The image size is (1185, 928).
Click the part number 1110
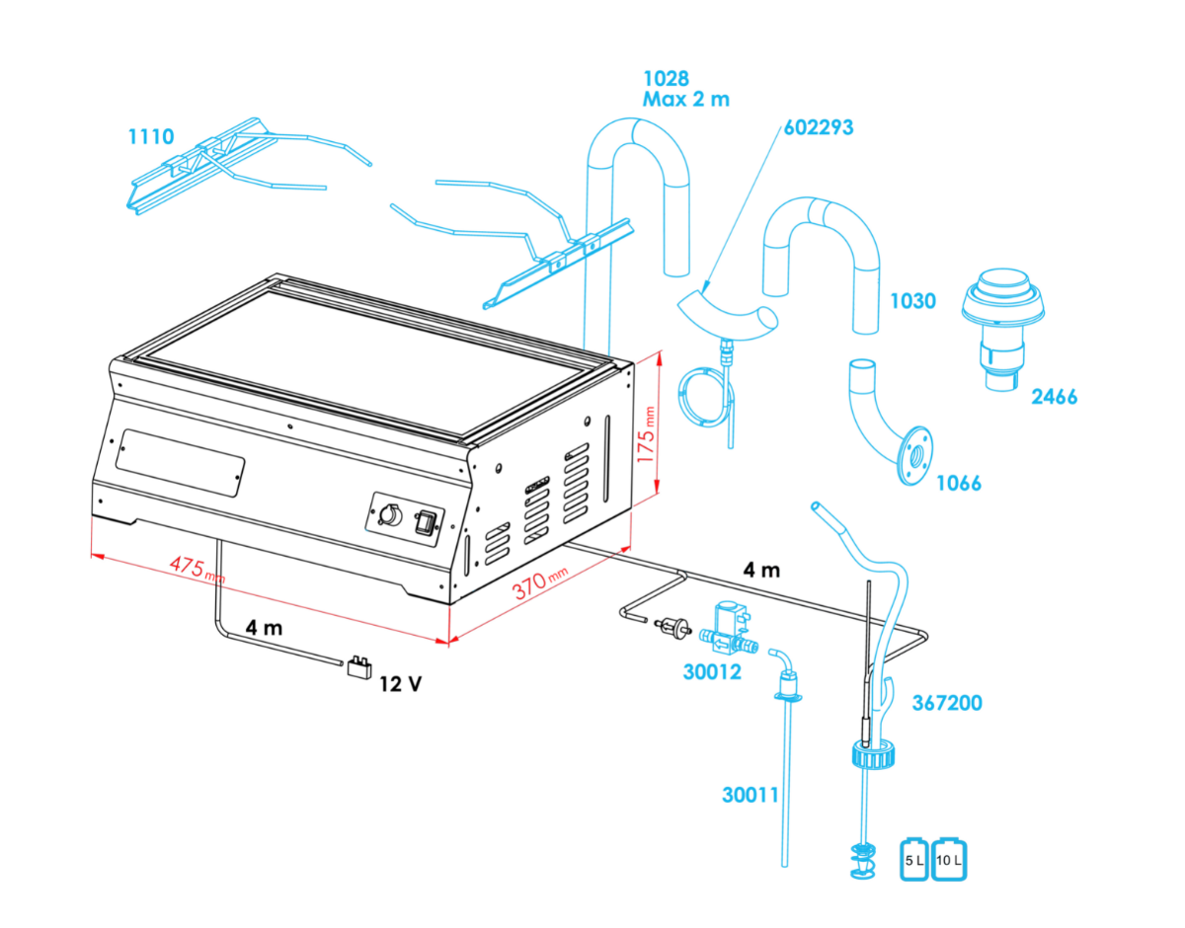point(151,136)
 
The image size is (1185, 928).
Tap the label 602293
point(819,127)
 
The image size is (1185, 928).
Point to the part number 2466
point(1054,397)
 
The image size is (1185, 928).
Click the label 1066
point(958,483)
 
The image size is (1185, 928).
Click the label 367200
point(947,704)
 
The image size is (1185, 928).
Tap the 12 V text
point(400,682)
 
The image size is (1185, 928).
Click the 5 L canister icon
point(914,860)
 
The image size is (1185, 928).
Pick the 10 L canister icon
point(949,860)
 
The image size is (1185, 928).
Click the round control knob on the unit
point(388,514)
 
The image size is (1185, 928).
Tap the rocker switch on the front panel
point(427,521)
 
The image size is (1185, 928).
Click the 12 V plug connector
point(357,667)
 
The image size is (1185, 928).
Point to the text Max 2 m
point(686,99)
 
